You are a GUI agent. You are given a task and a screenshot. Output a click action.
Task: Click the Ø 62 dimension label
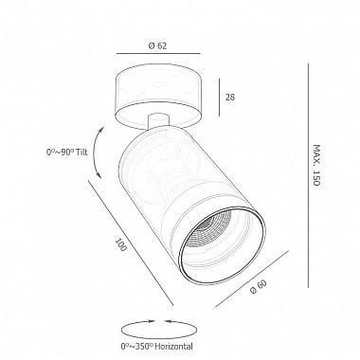(157, 45)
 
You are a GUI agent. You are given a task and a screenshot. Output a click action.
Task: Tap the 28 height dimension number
(230, 97)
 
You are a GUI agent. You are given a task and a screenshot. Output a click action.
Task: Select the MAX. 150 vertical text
(316, 165)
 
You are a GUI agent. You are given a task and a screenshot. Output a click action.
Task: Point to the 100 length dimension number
(121, 244)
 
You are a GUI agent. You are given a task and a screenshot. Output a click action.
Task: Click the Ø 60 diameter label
(259, 287)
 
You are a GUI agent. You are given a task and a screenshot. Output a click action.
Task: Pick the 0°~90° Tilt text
(67, 152)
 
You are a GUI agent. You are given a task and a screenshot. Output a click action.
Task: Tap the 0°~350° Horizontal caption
(156, 346)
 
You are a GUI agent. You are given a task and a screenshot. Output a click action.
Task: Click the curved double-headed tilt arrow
(96, 153)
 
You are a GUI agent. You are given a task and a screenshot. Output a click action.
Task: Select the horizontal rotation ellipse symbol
(158, 330)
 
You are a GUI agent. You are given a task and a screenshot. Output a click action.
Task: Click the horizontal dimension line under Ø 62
(158, 54)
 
